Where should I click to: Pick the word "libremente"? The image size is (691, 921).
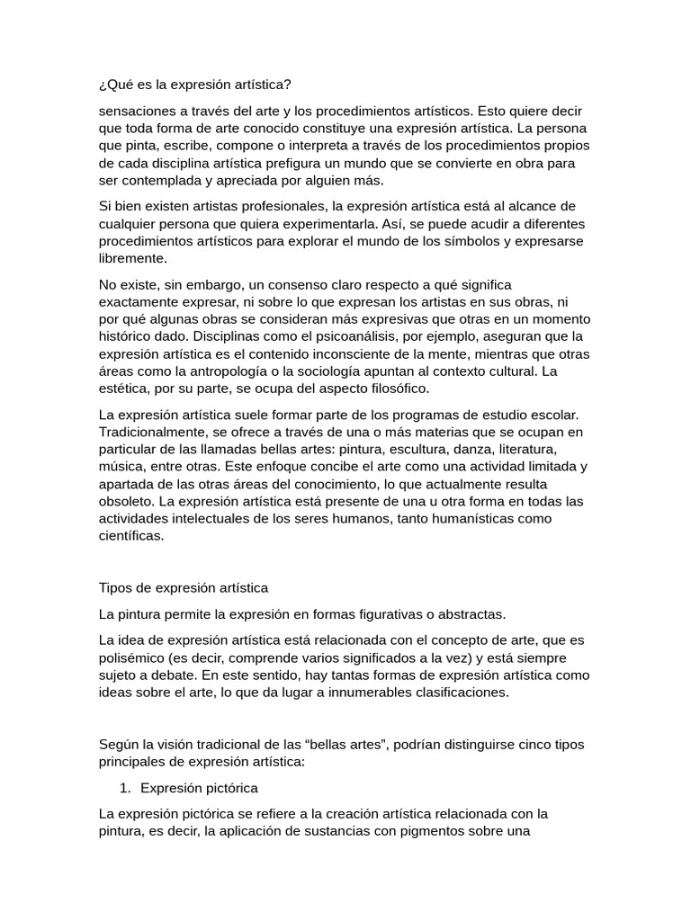132,258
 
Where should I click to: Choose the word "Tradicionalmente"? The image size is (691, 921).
154,432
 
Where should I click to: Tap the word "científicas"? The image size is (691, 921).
132,535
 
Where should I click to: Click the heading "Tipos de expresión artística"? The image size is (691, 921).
184,588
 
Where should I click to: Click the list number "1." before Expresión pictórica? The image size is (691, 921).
125,788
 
